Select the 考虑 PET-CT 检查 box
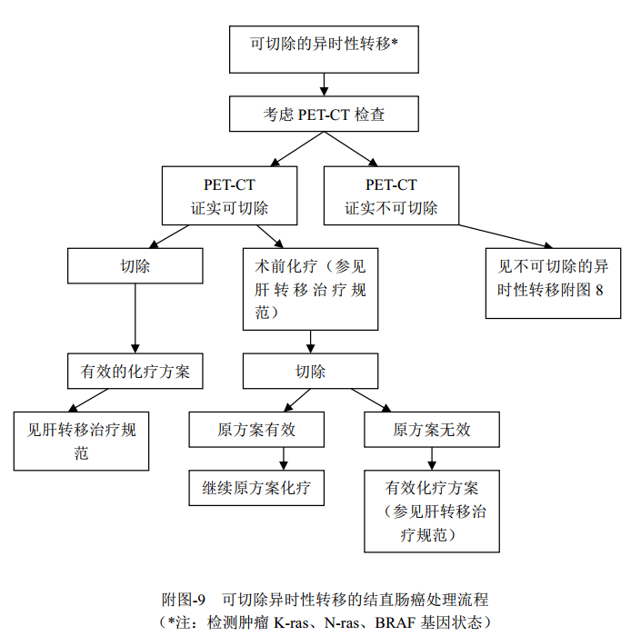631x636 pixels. coord(324,115)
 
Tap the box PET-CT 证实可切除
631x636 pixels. coord(229,196)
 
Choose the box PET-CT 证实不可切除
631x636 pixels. coord(391,196)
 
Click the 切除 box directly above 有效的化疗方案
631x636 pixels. coord(135,267)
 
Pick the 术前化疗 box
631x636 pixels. coord(310,289)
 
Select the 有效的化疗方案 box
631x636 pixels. coord(135,372)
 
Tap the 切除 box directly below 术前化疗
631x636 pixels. coord(310,372)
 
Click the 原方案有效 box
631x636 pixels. coord(255,429)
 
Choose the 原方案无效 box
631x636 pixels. coord(432,429)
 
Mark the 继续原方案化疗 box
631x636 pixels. coord(255,488)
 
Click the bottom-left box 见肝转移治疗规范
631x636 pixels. coord(81,441)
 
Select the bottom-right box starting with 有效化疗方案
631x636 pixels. coord(432,511)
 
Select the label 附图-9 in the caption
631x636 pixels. coord(184,600)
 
